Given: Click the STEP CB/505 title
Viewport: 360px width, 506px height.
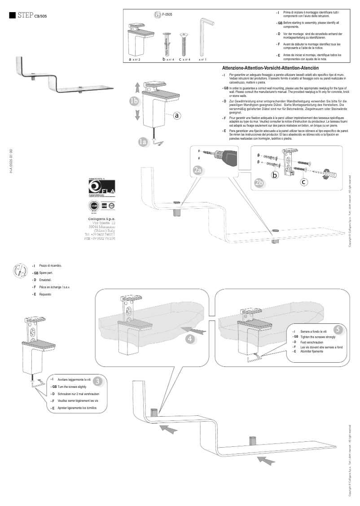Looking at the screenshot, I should tap(31, 16).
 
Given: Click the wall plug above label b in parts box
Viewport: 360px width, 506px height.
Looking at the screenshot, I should tap(167, 42).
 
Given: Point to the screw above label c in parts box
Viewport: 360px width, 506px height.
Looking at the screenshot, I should tap(183, 43).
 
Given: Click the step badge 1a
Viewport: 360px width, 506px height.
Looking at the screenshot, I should tap(143, 142).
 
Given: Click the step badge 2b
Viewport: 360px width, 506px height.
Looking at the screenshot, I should tap(259, 182).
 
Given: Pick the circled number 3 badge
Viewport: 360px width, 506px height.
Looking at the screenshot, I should tap(99, 380).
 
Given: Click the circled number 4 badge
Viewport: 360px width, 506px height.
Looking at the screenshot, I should tap(190, 339).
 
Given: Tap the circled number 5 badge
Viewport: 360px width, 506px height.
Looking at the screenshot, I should tap(339, 329).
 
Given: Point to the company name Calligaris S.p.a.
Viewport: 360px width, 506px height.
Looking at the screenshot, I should tap(101, 217).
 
